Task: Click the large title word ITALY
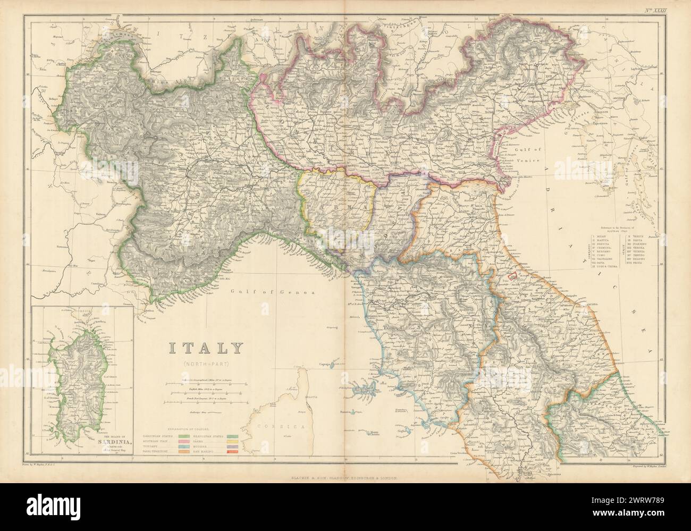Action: (x=206, y=348)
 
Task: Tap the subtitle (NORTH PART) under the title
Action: (x=206, y=364)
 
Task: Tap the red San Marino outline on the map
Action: (x=513, y=276)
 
